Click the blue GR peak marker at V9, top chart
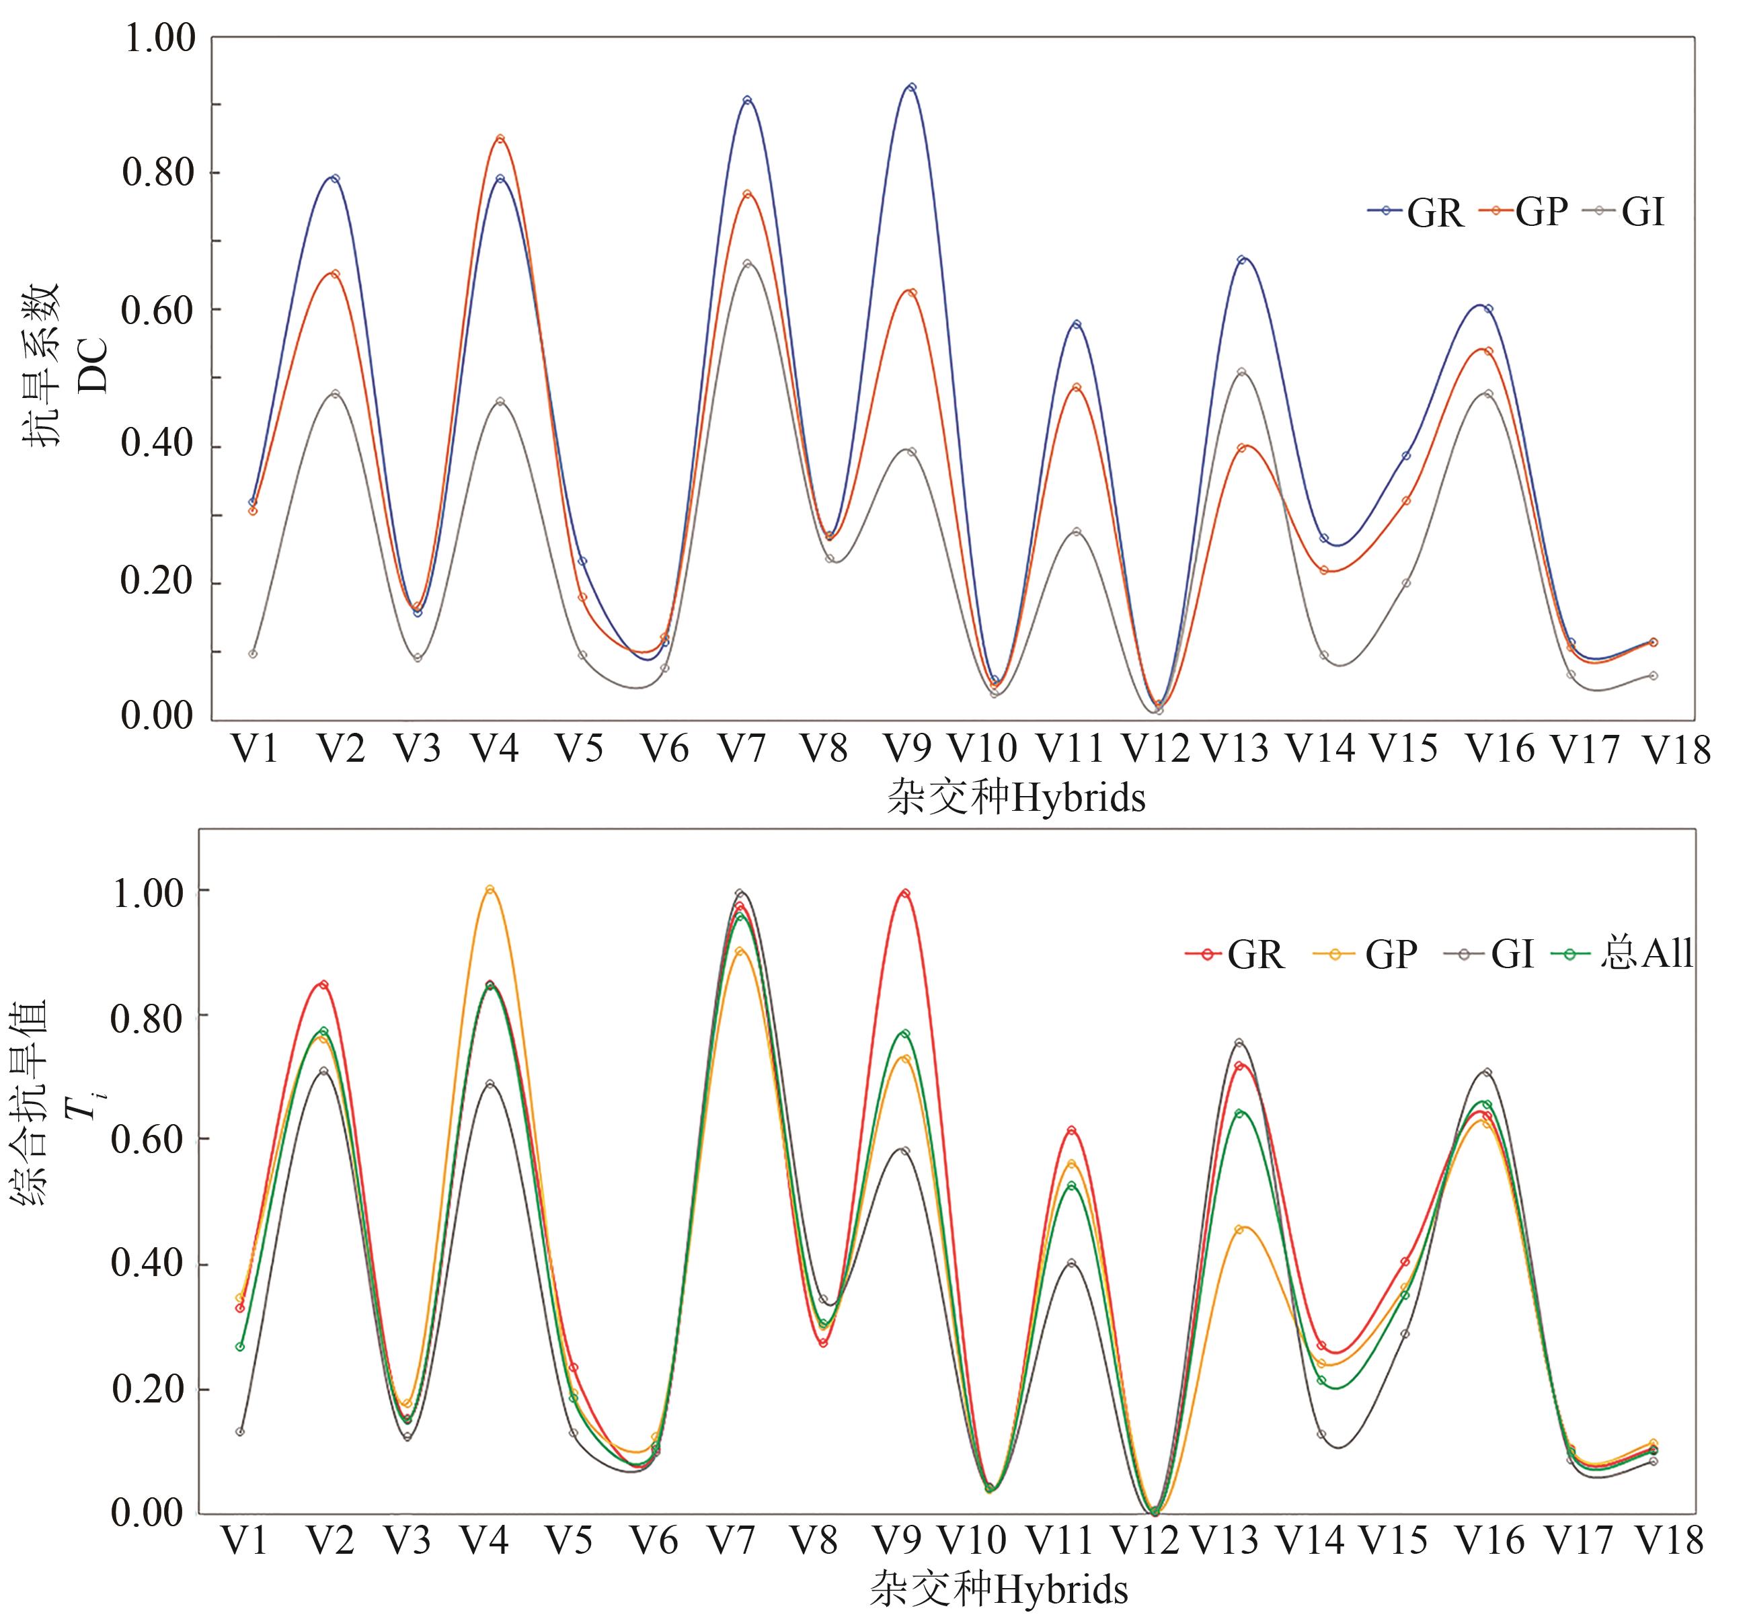coord(912,87)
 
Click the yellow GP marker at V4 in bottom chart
coord(490,889)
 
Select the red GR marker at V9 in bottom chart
coord(904,894)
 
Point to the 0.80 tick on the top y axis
coord(158,173)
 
